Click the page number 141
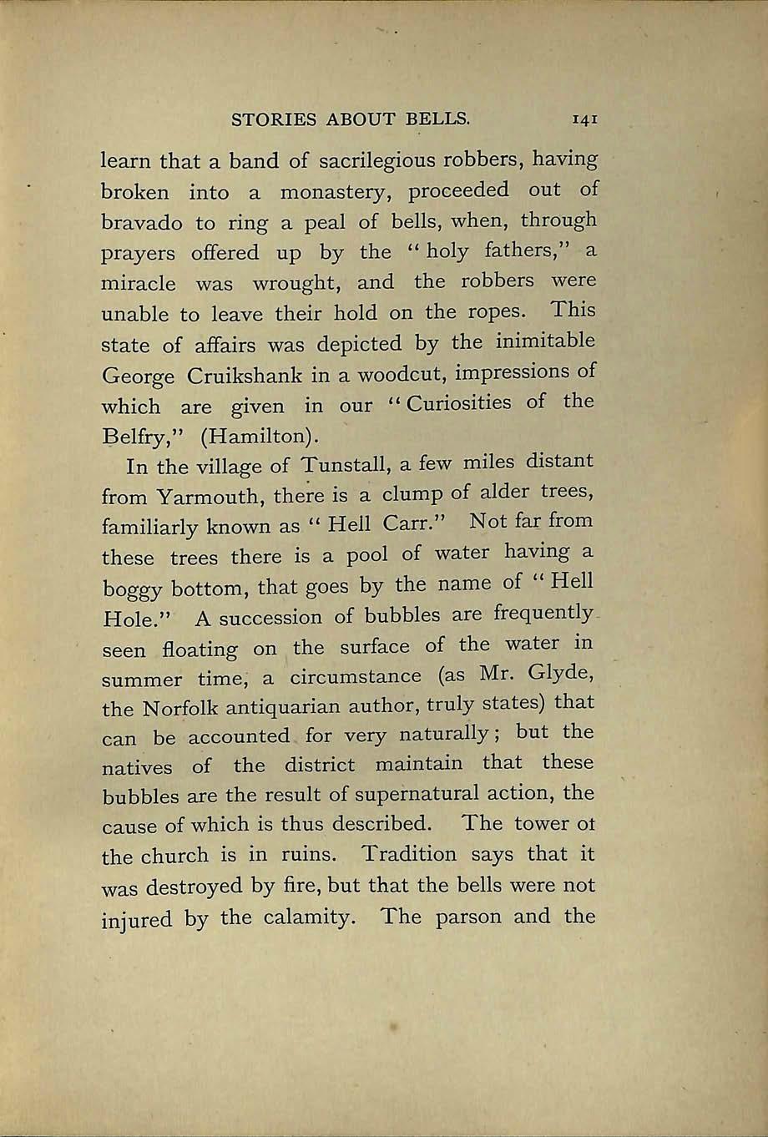coord(584,120)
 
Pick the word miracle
coord(138,283)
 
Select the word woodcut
coord(401,373)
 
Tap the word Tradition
coord(409,855)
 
